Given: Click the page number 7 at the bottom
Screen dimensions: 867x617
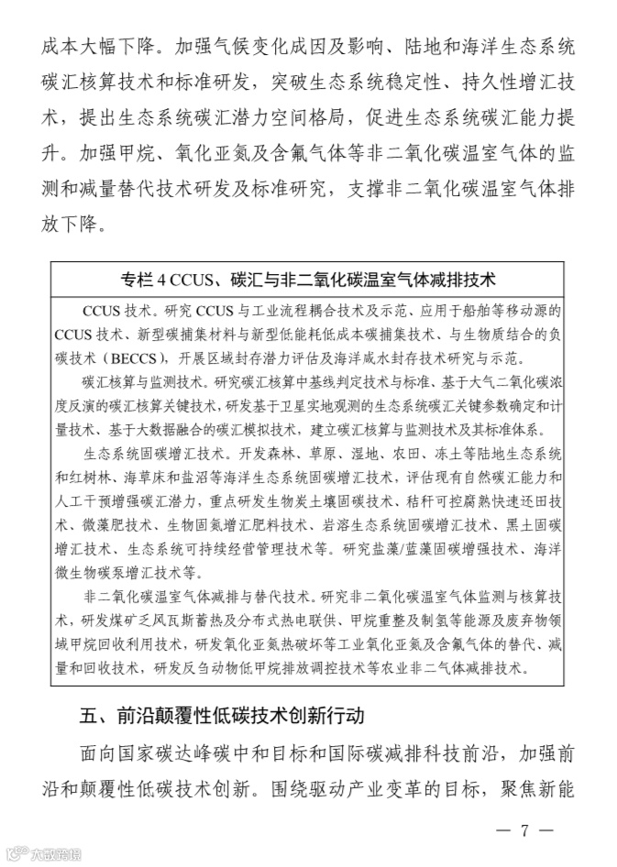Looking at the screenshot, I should coord(524,830).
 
